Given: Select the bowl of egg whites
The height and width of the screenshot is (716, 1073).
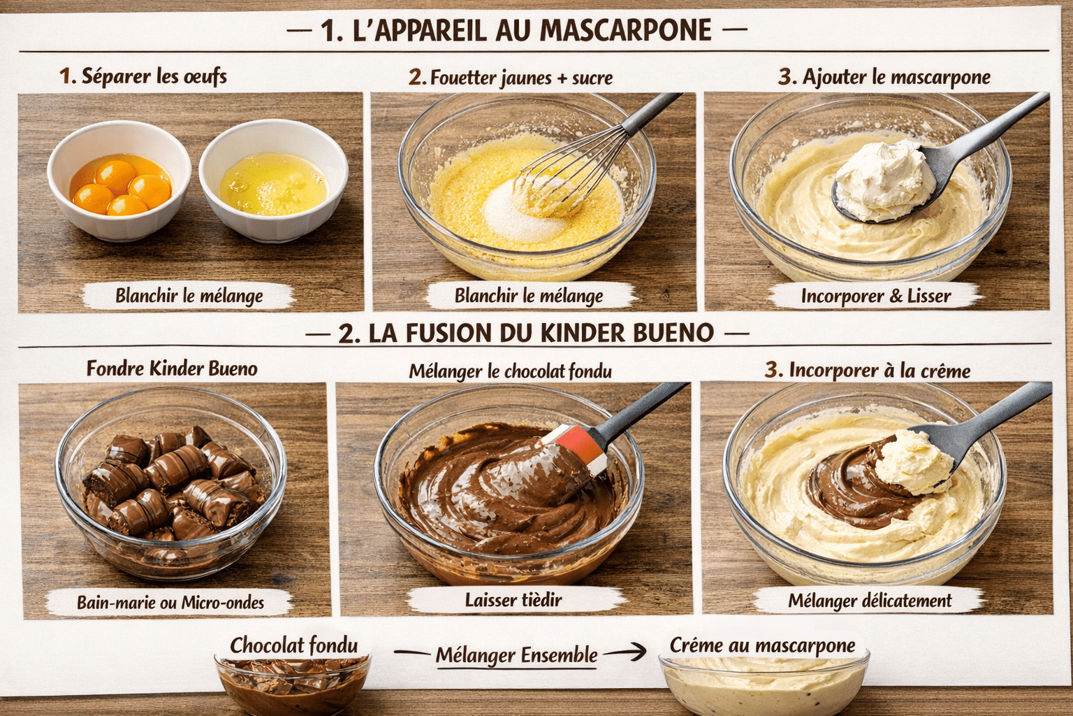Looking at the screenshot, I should [273, 183].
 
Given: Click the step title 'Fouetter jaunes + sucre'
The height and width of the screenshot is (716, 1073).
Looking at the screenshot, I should [511, 78].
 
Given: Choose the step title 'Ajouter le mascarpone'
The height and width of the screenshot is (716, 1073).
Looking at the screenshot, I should [884, 77].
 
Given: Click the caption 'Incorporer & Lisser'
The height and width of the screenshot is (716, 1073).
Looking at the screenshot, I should [875, 296].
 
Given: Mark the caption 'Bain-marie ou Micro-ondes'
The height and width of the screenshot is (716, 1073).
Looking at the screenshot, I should [170, 602].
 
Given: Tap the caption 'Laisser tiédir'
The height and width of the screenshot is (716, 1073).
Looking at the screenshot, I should [513, 599].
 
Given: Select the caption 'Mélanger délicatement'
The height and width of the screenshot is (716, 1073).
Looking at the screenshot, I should [870, 601].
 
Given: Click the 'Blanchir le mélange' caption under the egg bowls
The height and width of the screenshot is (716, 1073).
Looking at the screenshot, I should [189, 296].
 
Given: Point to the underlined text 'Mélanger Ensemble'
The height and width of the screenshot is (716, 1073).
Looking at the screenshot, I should [516, 655].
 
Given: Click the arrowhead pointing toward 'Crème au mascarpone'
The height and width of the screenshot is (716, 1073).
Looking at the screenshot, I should [637, 652].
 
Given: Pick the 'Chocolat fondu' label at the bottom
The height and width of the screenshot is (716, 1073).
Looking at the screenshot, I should [293, 645].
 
